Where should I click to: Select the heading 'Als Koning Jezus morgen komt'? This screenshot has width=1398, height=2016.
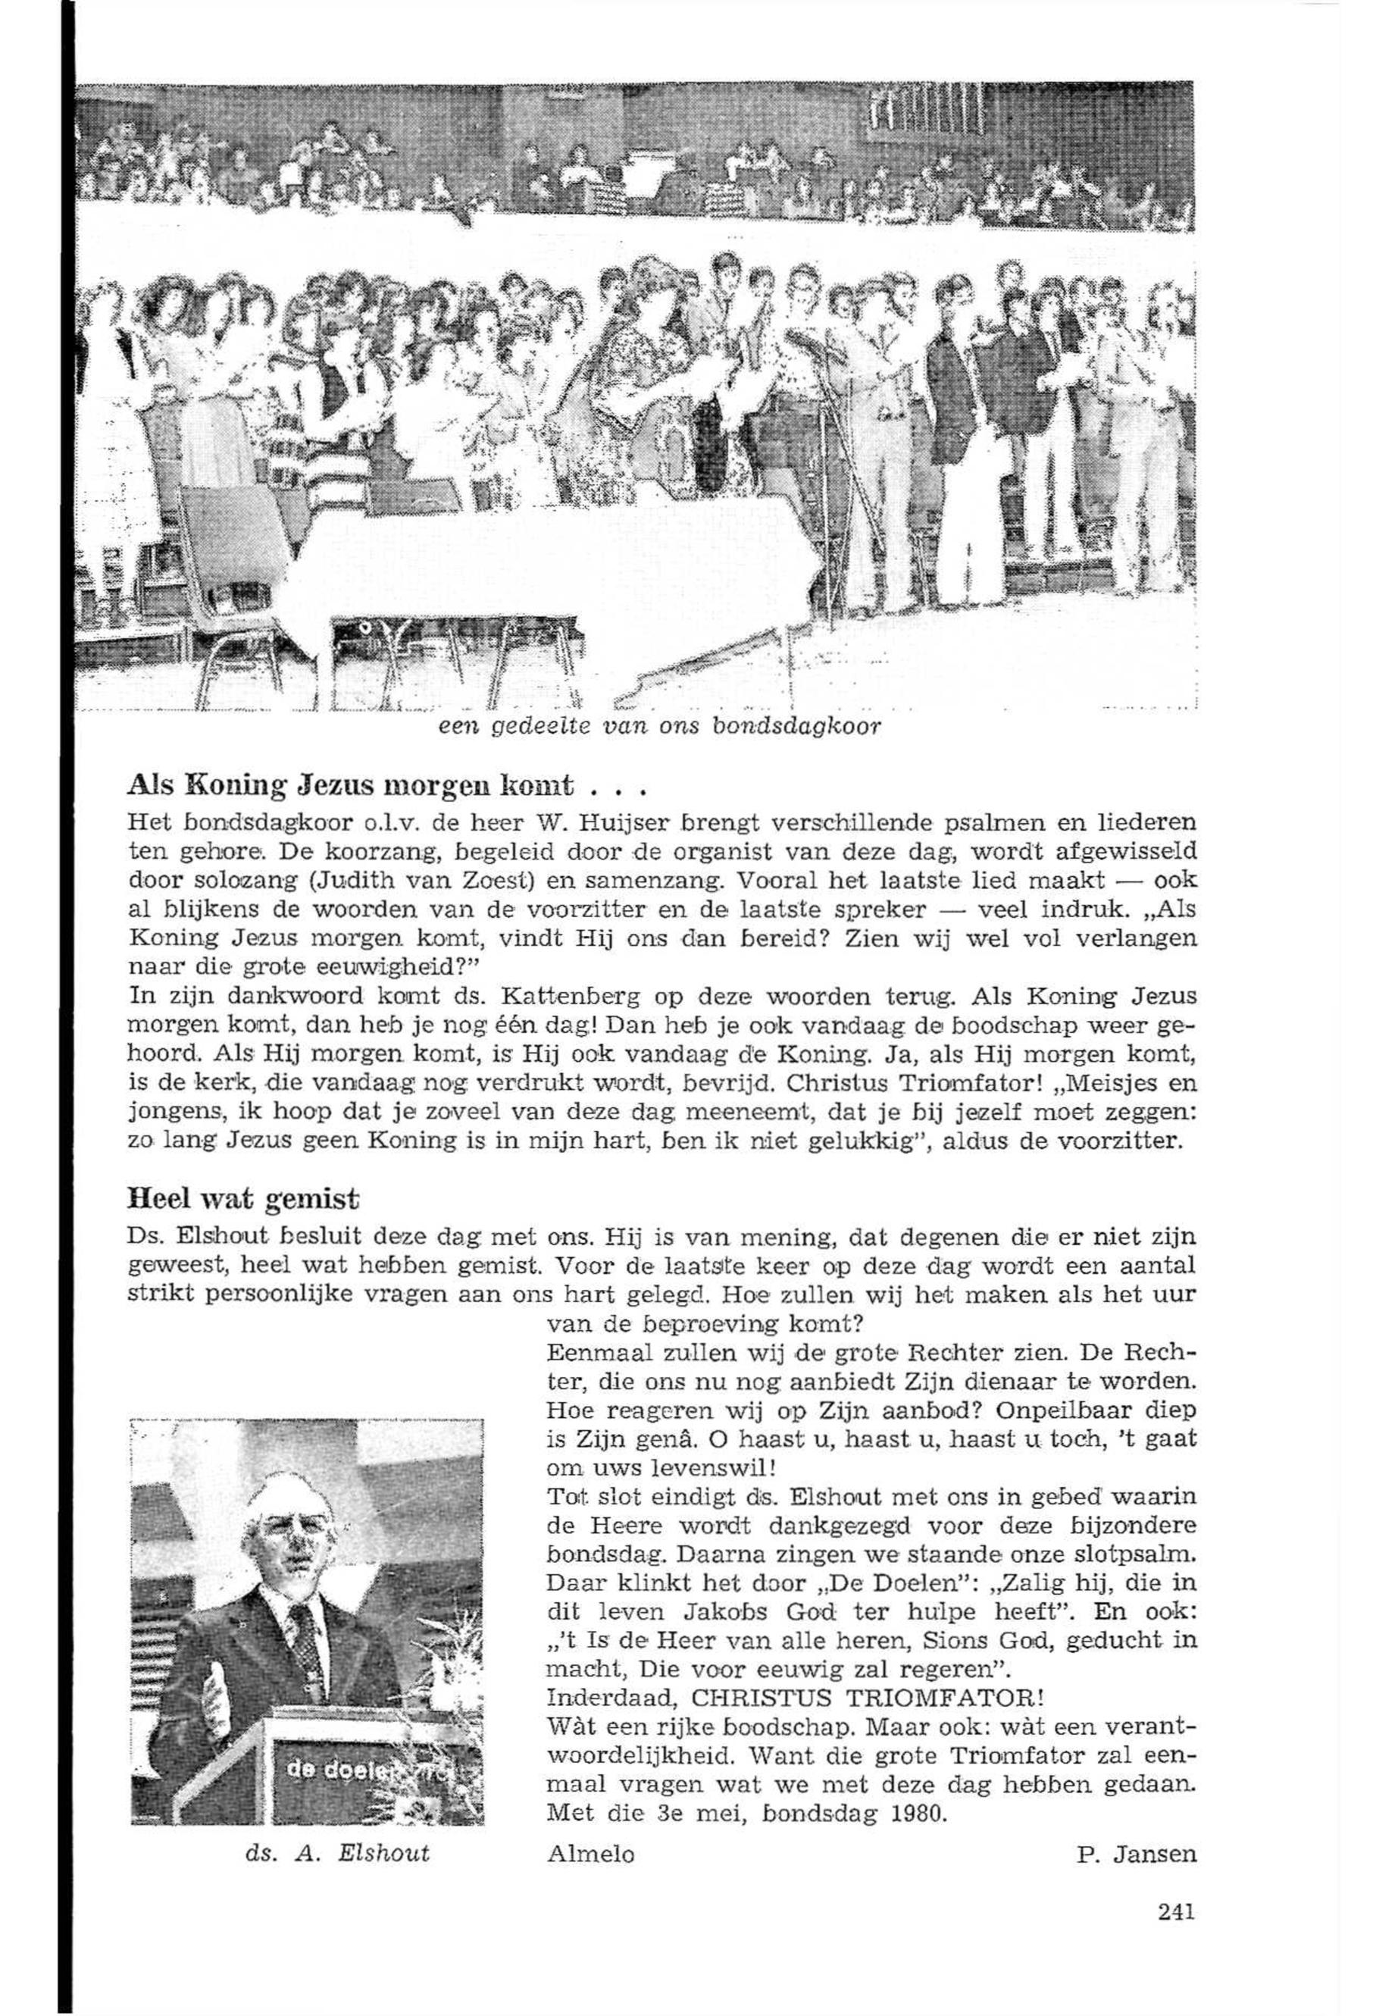click(350, 782)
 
